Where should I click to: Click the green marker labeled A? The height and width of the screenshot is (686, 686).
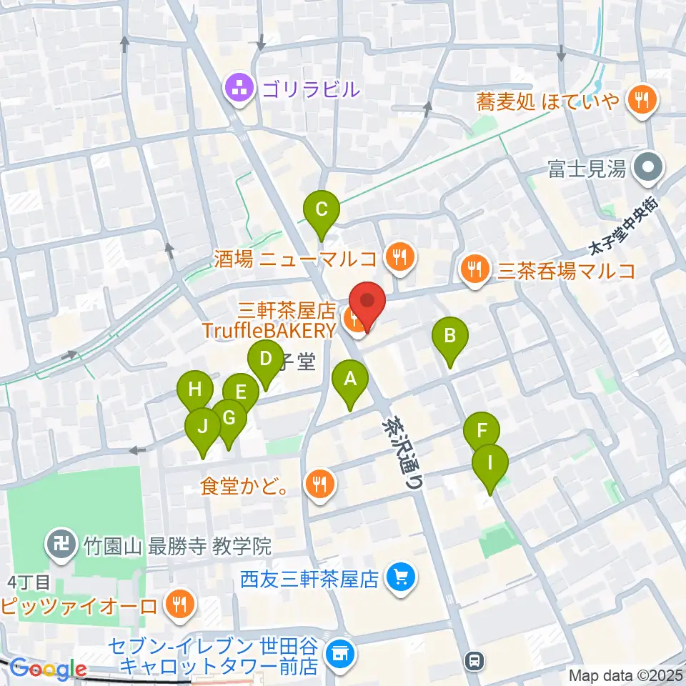point(350,380)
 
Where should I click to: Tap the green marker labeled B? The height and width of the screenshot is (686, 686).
point(450,336)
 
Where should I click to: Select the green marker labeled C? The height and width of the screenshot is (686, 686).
point(322,211)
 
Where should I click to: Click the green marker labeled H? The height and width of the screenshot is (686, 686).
point(195,390)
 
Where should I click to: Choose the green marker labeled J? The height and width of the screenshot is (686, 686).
point(203,428)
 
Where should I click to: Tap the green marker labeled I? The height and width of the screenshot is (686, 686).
point(490,463)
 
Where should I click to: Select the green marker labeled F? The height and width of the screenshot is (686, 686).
point(482,432)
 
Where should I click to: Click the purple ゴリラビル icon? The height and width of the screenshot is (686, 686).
point(237,89)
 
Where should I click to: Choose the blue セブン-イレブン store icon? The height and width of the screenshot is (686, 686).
point(339,654)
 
